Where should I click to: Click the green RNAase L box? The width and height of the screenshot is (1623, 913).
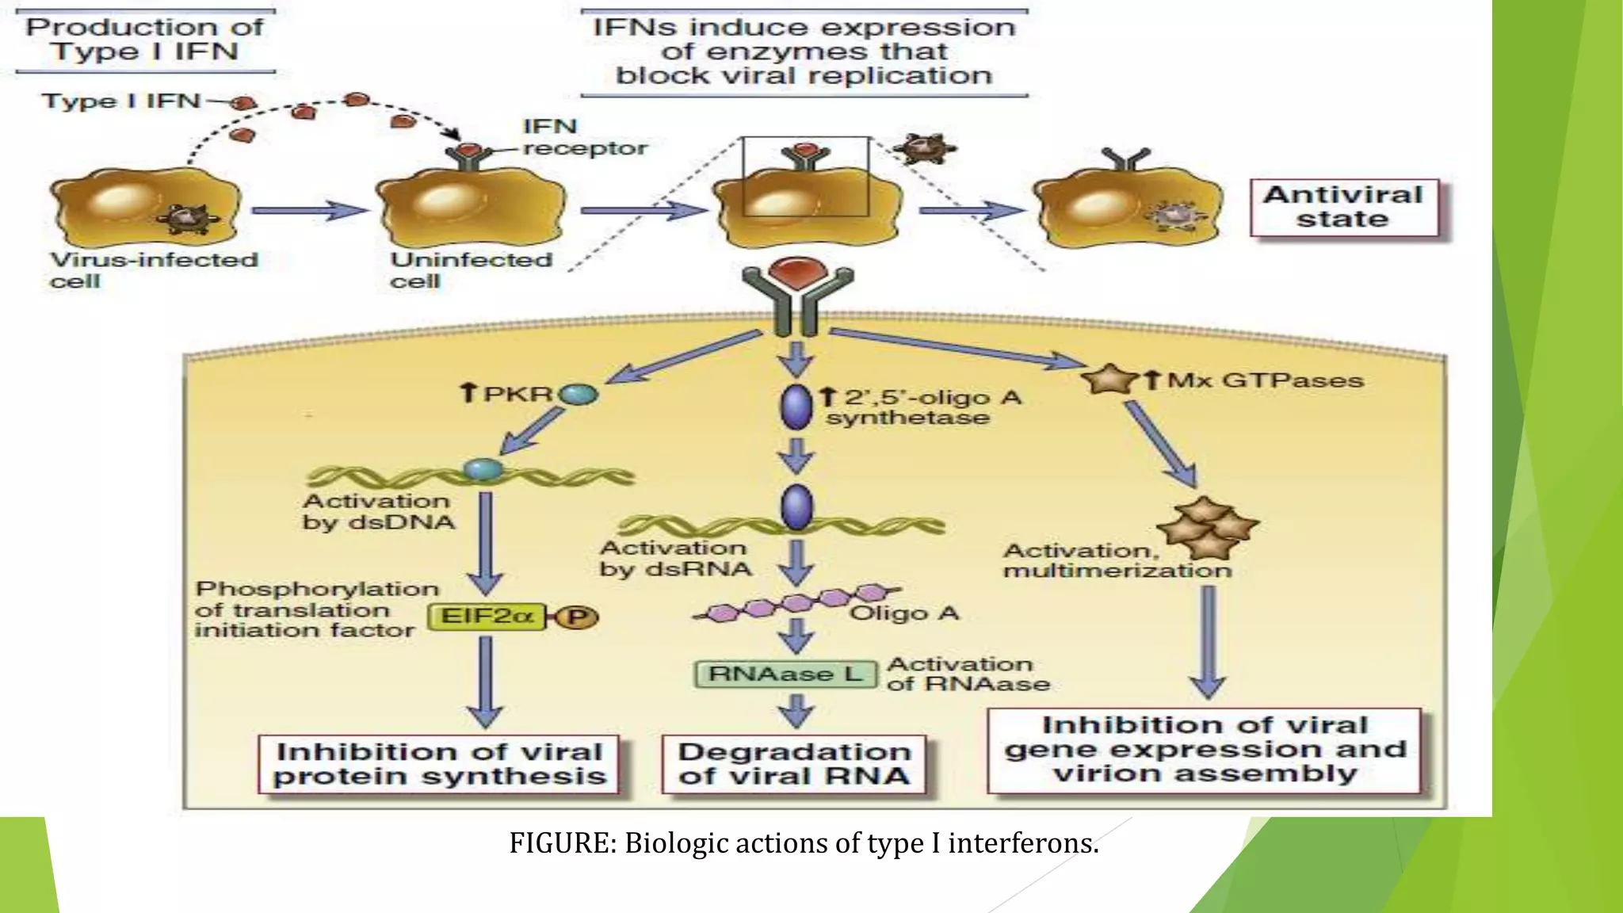(x=785, y=674)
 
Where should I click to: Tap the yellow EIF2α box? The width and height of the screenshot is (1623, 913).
(x=487, y=617)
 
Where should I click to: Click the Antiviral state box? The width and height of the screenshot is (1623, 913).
(x=1343, y=208)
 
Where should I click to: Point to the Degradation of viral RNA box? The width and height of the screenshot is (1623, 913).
(x=794, y=764)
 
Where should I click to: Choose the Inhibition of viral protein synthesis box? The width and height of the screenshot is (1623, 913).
(x=439, y=764)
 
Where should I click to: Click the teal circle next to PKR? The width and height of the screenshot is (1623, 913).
(x=579, y=394)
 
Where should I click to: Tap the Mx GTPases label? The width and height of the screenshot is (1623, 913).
(x=1265, y=380)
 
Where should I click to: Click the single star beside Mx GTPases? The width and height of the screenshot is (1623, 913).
(x=1109, y=379)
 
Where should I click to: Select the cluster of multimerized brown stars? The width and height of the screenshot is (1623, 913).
(x=1207, y=527)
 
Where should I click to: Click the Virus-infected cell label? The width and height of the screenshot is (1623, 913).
(x=154, y=270)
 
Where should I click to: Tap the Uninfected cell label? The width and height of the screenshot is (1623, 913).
(x=471, y=270)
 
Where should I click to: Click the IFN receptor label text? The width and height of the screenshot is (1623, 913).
(x=584, y=137)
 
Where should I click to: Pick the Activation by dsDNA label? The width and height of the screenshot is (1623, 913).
(x=379, y=511)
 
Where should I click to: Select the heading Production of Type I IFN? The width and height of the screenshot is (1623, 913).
(x=144, y=40)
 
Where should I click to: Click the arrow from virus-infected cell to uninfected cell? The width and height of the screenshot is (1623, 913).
(x=309, y=211)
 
